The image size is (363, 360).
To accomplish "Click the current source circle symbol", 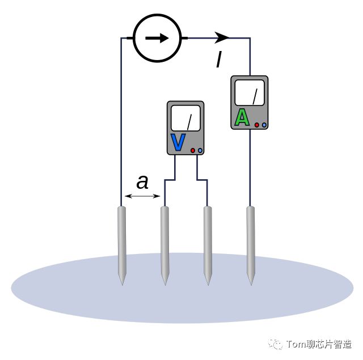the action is pos(157,38).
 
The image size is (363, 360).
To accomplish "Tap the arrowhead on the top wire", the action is pos(222,38).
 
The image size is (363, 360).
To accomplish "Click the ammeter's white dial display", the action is pos(250,93).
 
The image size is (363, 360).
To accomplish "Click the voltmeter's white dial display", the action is pos(185,118).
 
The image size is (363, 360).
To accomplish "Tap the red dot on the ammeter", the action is pos(257,124).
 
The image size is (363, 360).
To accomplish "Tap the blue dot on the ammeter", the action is pos(264,124).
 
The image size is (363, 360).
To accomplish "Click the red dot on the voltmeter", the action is pos(193,150).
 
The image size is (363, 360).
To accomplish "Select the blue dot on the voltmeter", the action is pos(200,150).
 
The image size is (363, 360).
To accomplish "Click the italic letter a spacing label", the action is pos(142,183).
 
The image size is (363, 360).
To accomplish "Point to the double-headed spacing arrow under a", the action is pos(142,196).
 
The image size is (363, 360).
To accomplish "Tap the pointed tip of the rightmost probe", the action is pos(250,282).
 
